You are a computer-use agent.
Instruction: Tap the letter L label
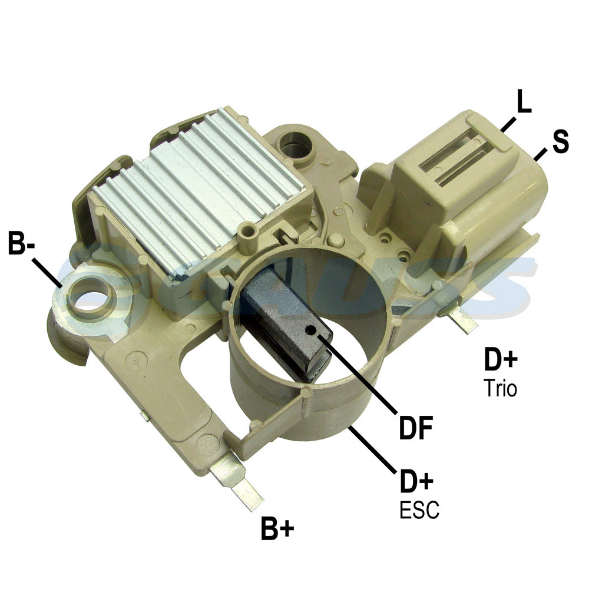click(x=524, y=101)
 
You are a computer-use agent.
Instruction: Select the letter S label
click(x=561, y=141)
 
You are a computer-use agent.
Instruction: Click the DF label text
click(x=416, y=428)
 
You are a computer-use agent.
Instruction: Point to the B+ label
click(x=277, y=528)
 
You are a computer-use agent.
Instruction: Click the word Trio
click(x=500, y=388)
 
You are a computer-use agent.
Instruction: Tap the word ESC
click(x=419, y=509)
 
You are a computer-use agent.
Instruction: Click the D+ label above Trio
click(x=501, y=359)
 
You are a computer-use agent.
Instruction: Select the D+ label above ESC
click(x=417, y=481)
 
